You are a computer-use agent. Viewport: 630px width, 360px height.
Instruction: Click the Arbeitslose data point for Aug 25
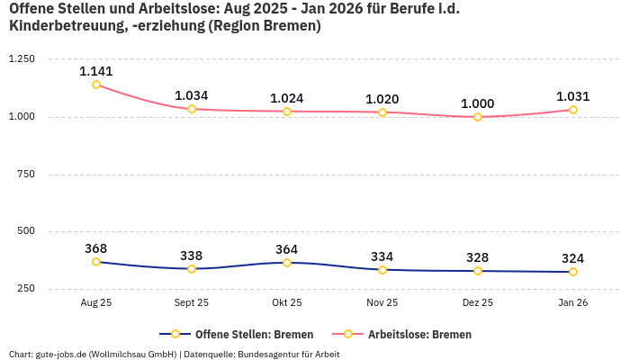tap(96, 85)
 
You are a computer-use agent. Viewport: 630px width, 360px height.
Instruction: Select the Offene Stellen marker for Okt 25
tap(287, 263)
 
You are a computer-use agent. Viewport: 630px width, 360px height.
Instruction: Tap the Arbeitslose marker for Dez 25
tap(478, 117)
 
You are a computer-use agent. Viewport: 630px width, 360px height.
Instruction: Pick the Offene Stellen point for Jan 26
tap(573, 272)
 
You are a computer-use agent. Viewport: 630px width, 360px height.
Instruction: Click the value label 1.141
tap(96, 71)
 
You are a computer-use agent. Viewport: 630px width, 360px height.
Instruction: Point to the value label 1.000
tap(478, 103)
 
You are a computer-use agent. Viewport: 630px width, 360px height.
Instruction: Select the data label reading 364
tap(287, 249)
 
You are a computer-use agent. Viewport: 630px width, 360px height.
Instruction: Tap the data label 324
tap(573, 258)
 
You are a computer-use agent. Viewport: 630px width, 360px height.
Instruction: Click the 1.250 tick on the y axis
tap(21, 58)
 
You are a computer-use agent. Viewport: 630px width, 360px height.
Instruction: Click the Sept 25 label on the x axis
tap(192, 303)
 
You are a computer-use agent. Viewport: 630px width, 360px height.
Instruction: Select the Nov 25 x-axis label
tap(382, 303)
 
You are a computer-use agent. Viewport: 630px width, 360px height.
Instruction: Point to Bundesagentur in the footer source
tap(270, 354)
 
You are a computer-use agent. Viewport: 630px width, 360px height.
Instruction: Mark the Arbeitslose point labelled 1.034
tap(192, 109)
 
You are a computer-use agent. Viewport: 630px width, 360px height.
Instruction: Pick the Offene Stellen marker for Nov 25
tap(382, 270)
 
